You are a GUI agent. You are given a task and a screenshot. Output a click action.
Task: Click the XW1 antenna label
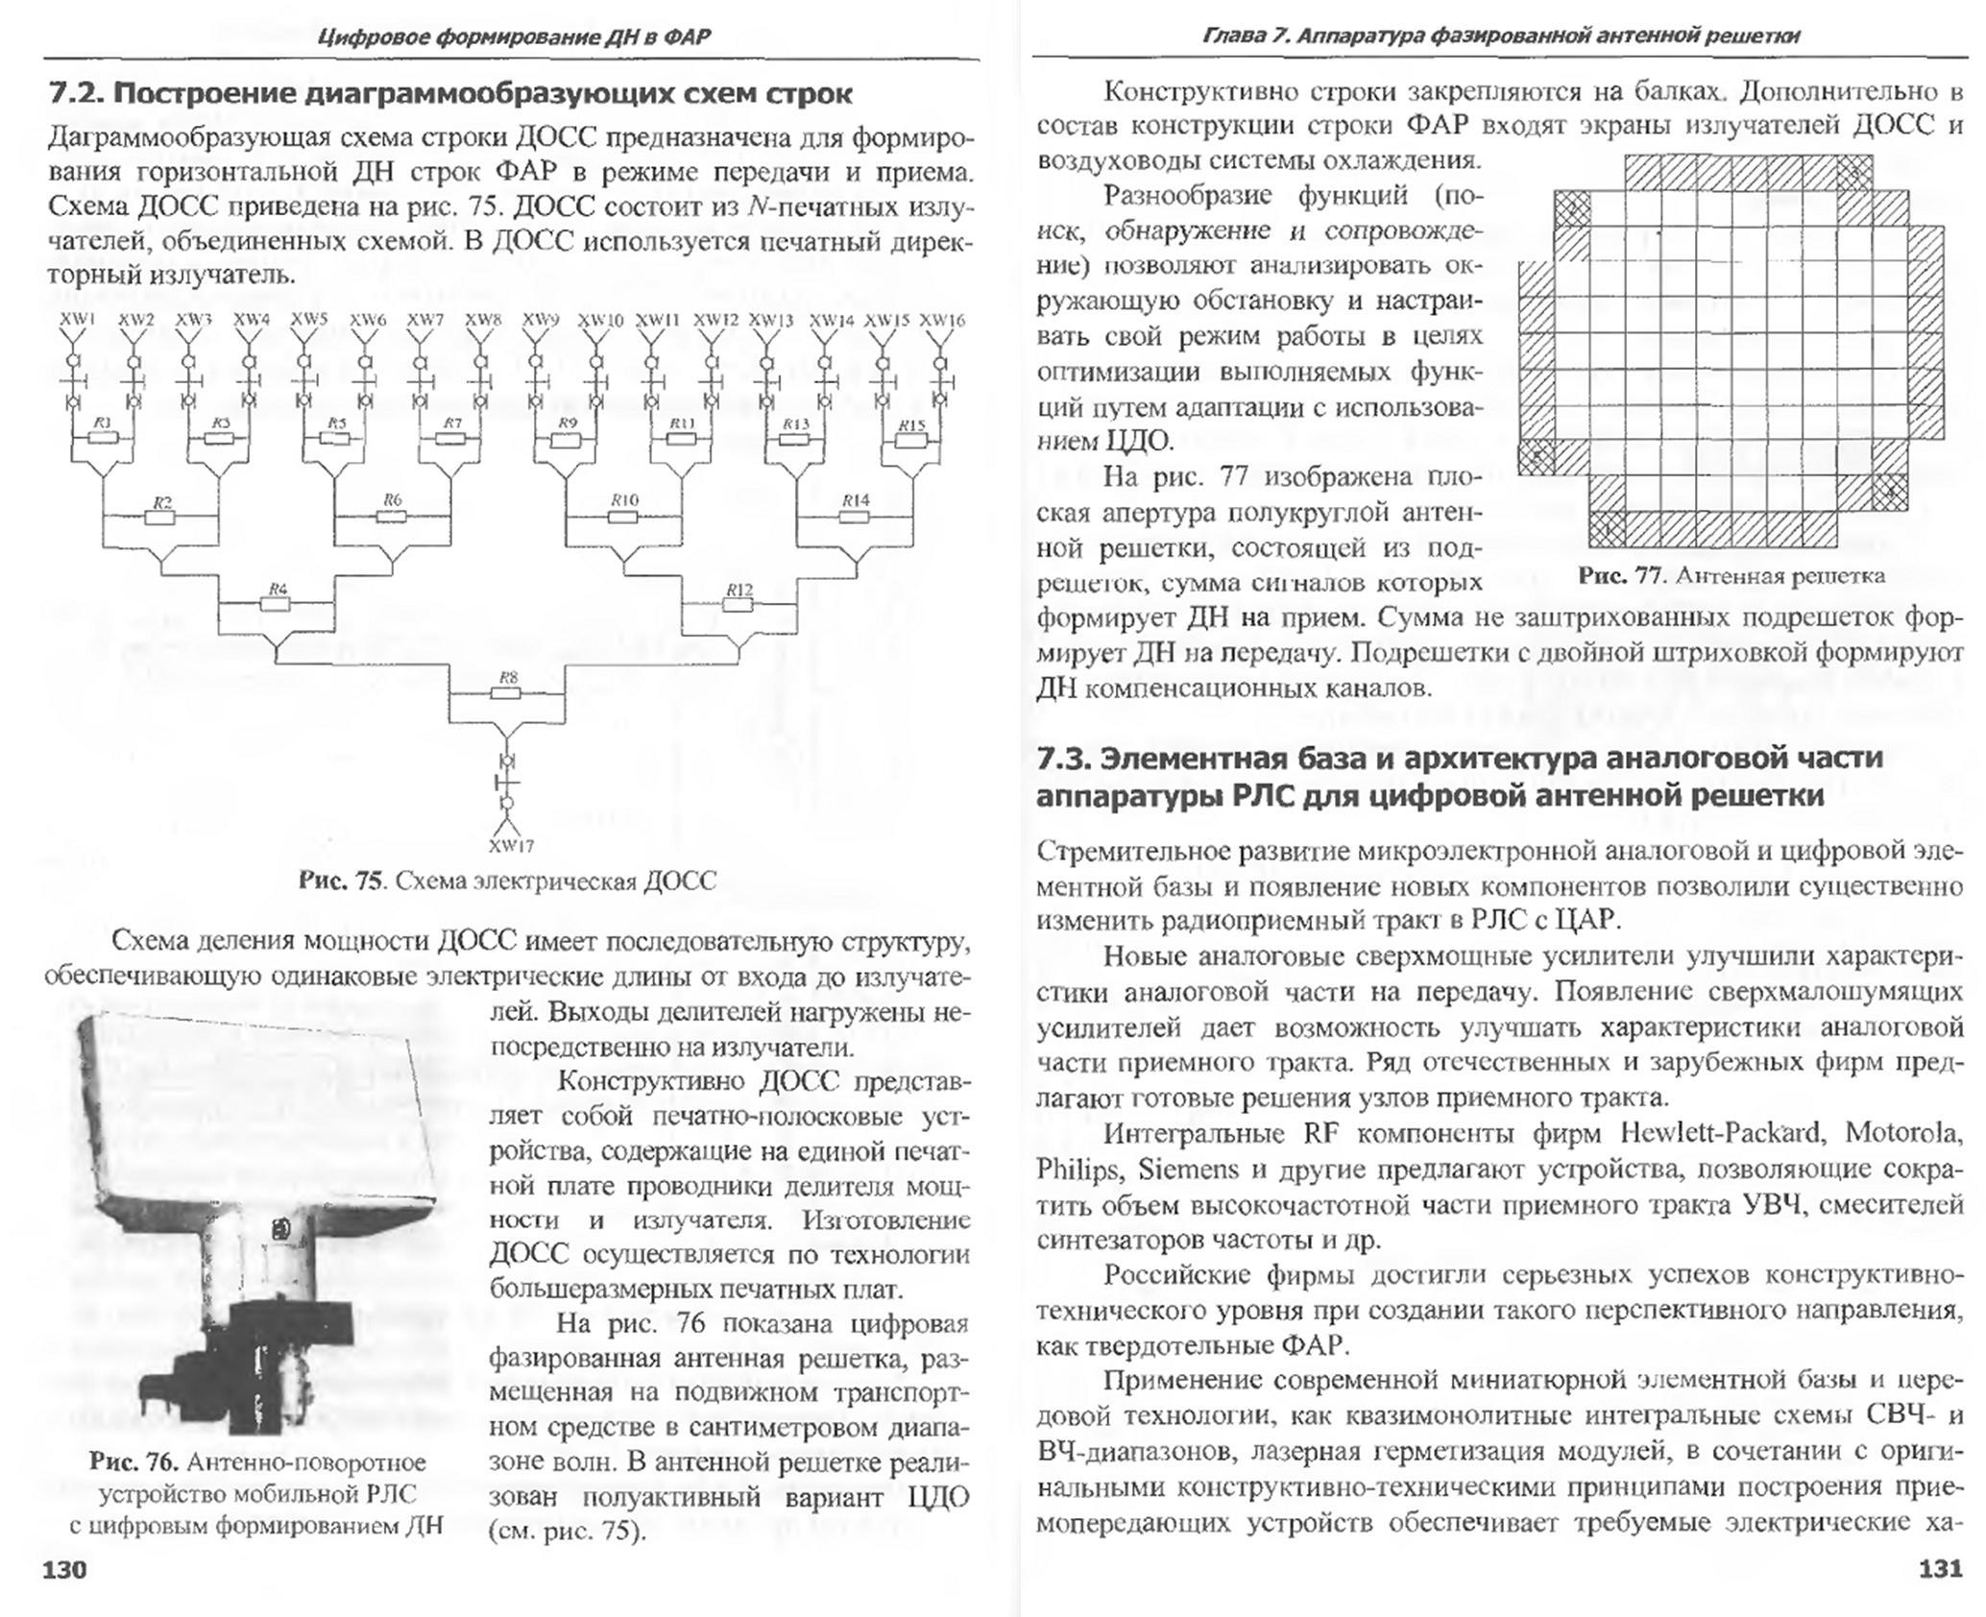coord(78,319)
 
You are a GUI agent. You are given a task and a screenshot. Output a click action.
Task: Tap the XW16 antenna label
coord(941,320)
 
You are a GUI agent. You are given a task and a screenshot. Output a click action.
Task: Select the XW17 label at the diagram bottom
coord(511,846)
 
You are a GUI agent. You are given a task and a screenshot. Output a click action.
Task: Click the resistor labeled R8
coord(509,692)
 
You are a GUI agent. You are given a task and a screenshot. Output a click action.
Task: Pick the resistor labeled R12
coord(739,605)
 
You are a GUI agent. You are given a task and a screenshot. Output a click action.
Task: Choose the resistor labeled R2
coord(161,518)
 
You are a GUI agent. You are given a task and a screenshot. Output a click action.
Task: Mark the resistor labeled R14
coord(855,517)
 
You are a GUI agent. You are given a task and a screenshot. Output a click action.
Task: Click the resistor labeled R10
coord(624,517)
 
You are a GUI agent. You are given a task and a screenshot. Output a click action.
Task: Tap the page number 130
coord(64,1569)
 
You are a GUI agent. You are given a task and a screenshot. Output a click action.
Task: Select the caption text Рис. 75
coord(341,881)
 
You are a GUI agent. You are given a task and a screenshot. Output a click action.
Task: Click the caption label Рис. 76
coord(133,1462)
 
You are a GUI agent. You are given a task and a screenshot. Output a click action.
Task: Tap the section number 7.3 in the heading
coord(1064,758)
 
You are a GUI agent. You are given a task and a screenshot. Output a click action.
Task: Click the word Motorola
coord(1902,1133)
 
